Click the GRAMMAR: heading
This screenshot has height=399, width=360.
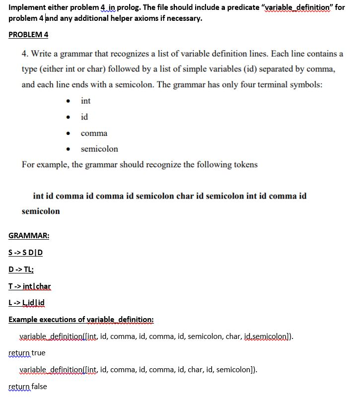pyautogui.click(x=29, y=235)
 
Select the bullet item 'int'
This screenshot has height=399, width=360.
pyautogui.click(x=85, y=101)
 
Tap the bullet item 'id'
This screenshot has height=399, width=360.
pyautogui.click(x=84, y=117)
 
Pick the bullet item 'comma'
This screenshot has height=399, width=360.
pyautogui.click(x=94, y=133)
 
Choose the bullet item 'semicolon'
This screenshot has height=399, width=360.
pyautogui.click(x=99, y=149)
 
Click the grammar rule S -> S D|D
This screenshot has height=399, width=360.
pyautogui.click(x=26, y=252)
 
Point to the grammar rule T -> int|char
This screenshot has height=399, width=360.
pyautogui.click(x=30, y=286)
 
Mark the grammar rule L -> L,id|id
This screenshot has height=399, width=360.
pyautogui.click(x=27, y=303)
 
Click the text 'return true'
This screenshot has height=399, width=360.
pyautogui.click(x=27, y=353)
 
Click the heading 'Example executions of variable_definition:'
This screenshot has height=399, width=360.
pyautogui.click(x=81, y=320)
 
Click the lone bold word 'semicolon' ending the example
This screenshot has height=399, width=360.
pyautogui.click(x=41, y=211)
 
